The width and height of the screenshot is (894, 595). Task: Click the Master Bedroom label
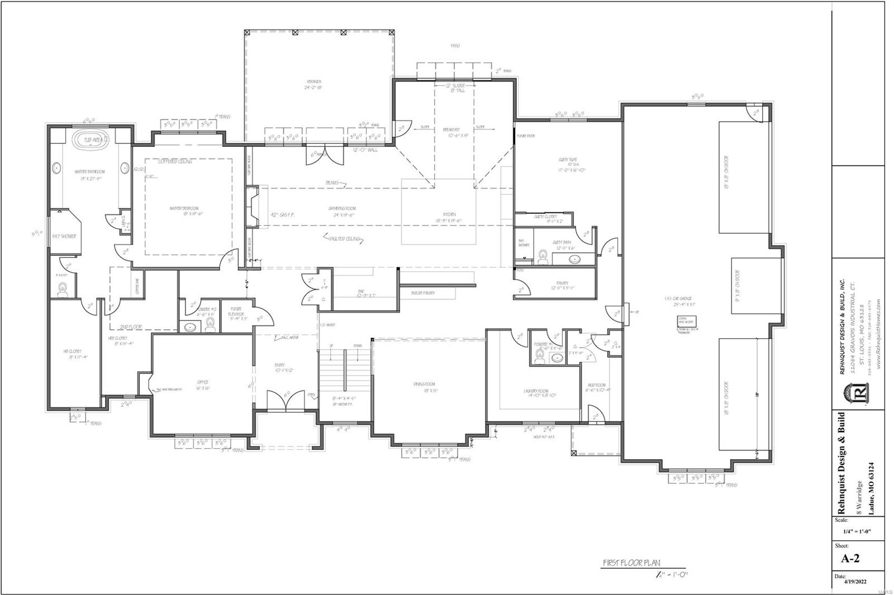click(x=187, y=210)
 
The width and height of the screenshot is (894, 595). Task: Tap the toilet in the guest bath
click(x=541, y=256)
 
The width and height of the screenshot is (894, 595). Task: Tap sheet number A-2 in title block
click(x=850, y=558)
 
